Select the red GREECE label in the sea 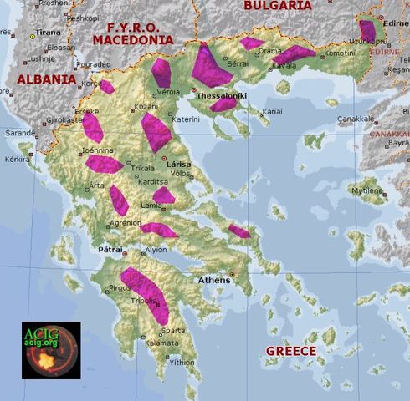coord(290,351)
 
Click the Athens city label coord(213,280)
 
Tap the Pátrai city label coord(111,249)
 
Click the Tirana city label coord(48,32)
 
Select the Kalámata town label coord(161,343)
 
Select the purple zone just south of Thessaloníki coord(223,104)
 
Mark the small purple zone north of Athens coord(239,231)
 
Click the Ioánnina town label coord(97,150)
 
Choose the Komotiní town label coord(339,53)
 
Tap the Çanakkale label coord(356,119)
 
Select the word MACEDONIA coord(127,39)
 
